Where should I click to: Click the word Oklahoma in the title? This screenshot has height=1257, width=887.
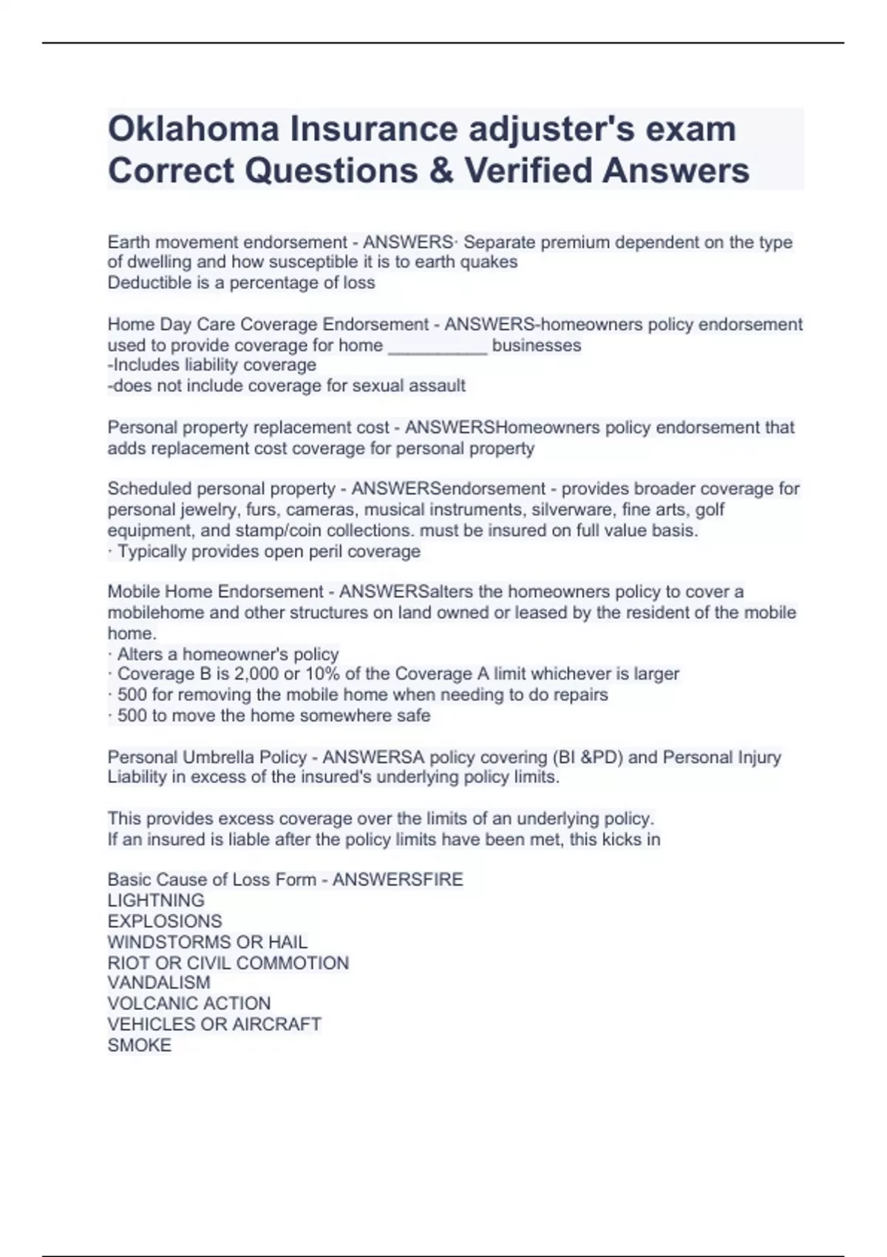click(x=193, y=129)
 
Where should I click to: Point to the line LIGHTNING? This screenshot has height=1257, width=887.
click(x=156, y=901)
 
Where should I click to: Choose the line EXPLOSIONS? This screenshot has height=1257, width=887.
click(x=164, y=921)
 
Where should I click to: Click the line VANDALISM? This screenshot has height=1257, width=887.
click(x=159, y=983)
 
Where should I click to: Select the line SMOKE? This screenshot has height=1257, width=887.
click(x=139, y=1045)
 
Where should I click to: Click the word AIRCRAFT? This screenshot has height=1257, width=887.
click(x=277, y=1024)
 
